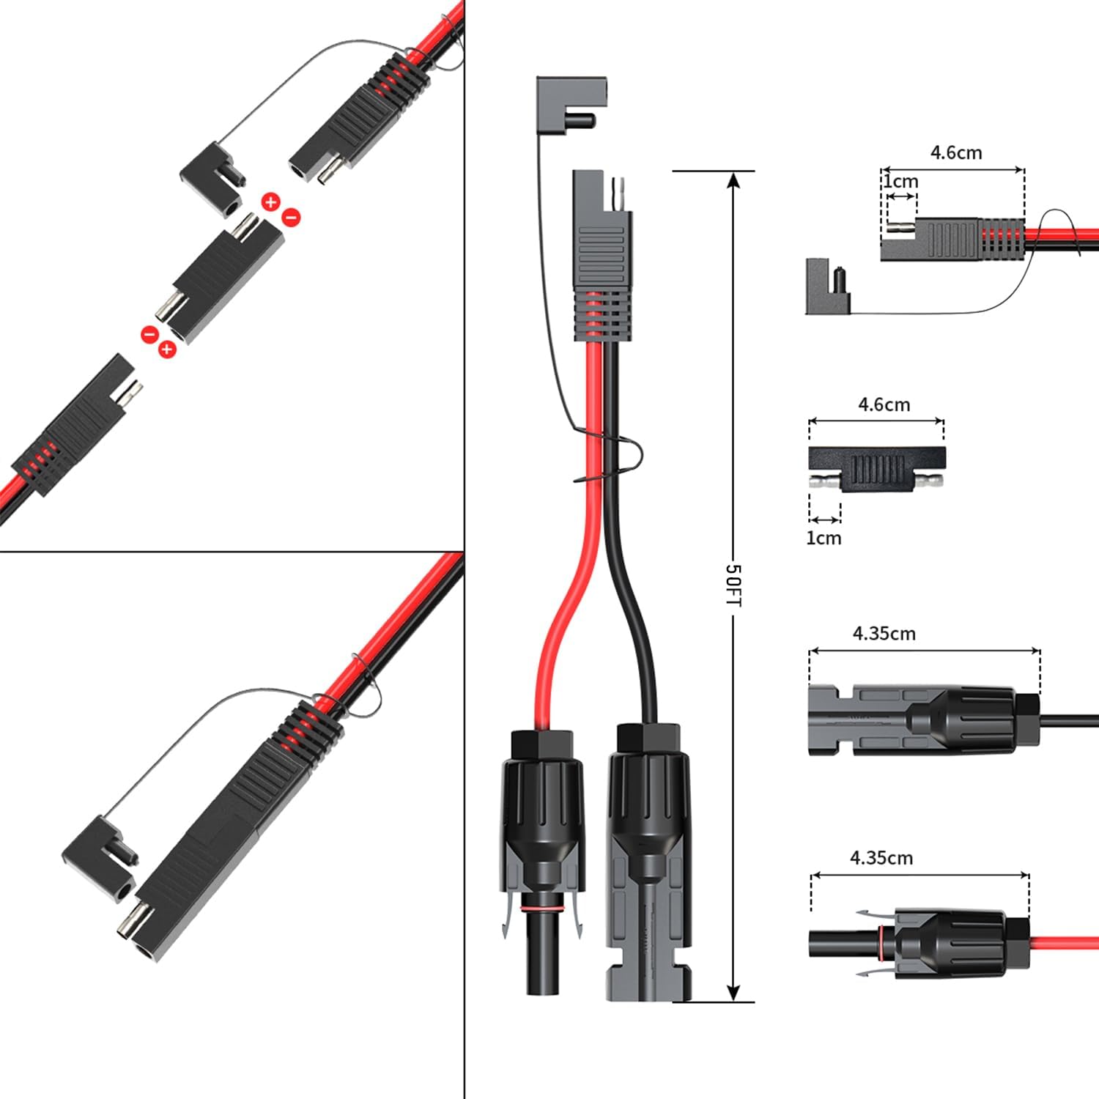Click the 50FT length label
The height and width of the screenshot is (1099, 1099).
733,585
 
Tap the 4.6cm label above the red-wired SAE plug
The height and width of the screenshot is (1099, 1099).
955,153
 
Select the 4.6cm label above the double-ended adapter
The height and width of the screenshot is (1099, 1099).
884,404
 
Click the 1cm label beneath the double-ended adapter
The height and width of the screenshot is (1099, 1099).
824,538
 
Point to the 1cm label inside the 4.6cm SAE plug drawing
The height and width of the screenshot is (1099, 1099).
900,181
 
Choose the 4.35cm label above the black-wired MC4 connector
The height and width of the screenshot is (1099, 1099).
884,634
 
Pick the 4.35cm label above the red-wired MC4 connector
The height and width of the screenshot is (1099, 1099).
881,858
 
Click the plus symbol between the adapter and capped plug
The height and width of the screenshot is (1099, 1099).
271,201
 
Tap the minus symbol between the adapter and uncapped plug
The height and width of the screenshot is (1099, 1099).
149,334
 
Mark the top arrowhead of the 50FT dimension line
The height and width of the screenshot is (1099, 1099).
733,180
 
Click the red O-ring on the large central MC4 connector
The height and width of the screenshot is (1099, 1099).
543,909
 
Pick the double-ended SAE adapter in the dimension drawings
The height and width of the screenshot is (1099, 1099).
876,469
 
